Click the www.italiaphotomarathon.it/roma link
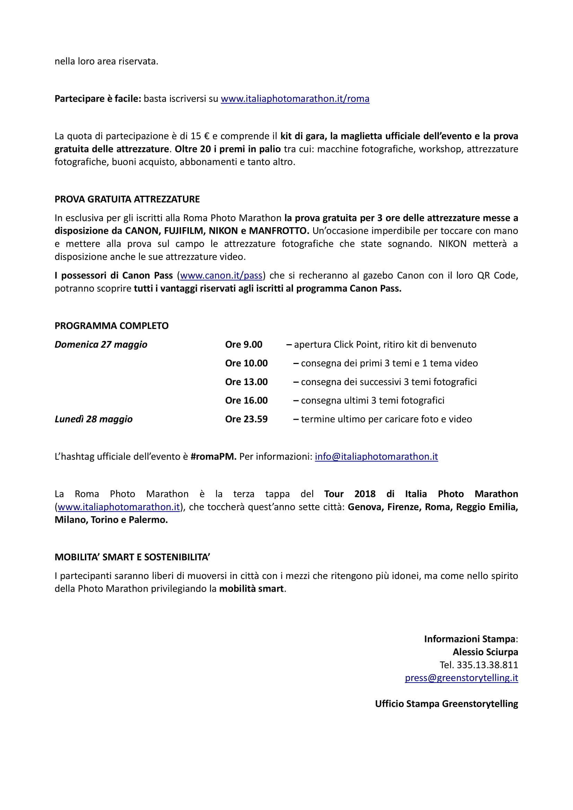(295, 99)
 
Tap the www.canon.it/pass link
(221, 276)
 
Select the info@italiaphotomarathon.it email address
(376, 456)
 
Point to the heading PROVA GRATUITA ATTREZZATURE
(127, 199)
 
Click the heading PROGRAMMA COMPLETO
(112, 326)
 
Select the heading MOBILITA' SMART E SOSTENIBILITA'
(132, 557)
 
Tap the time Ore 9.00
(244, 344)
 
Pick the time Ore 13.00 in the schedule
(246, 382)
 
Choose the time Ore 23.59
(246, 419)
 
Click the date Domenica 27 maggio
(101, 344)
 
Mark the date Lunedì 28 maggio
(94, 419)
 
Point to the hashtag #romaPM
(213, 456)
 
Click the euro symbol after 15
(207, 136)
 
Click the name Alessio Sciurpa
(485, 652)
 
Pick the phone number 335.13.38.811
(487, 665)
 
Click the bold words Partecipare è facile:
(98, 99)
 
